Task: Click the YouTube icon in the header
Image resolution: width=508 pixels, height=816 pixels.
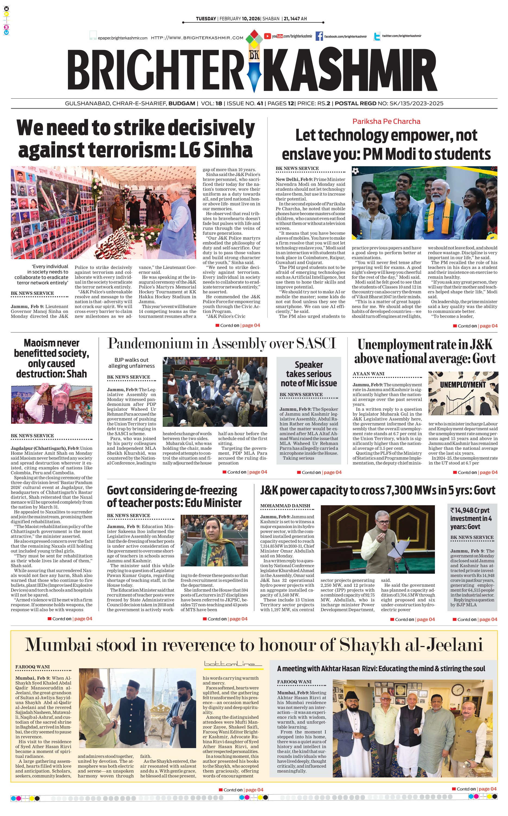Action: tap(267, 36)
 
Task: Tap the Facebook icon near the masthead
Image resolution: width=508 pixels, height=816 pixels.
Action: tap(319, 36)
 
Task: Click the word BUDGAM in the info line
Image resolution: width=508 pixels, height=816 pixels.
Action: tap(182, 103)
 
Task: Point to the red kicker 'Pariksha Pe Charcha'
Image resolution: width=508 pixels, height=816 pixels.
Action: tap(386, 122)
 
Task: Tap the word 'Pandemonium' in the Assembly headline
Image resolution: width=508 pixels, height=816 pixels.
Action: tap(150, 344)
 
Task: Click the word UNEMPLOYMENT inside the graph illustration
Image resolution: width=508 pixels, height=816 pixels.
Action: tap(463, 385)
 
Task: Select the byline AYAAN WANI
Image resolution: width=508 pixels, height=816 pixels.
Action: tap(368, 374)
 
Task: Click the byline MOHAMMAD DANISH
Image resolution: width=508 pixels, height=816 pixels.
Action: tap(285, 506)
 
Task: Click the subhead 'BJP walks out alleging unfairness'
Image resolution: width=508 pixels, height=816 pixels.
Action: tap(131, 363)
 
